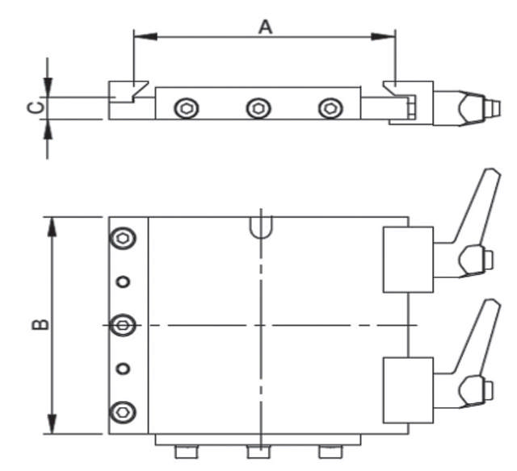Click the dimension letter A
point(265,27)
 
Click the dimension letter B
point(38,324)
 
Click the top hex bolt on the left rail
point(123,238)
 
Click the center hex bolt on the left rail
point(123,324)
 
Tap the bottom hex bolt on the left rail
point(123,411)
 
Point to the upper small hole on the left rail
point(123,281)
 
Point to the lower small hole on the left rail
point(123,369)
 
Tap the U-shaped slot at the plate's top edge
point(261,227)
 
